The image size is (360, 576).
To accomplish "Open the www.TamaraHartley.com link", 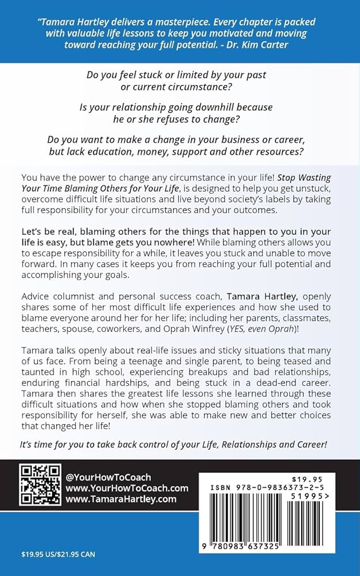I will [120, 499].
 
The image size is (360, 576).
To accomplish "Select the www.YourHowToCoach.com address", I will [127, 488].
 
